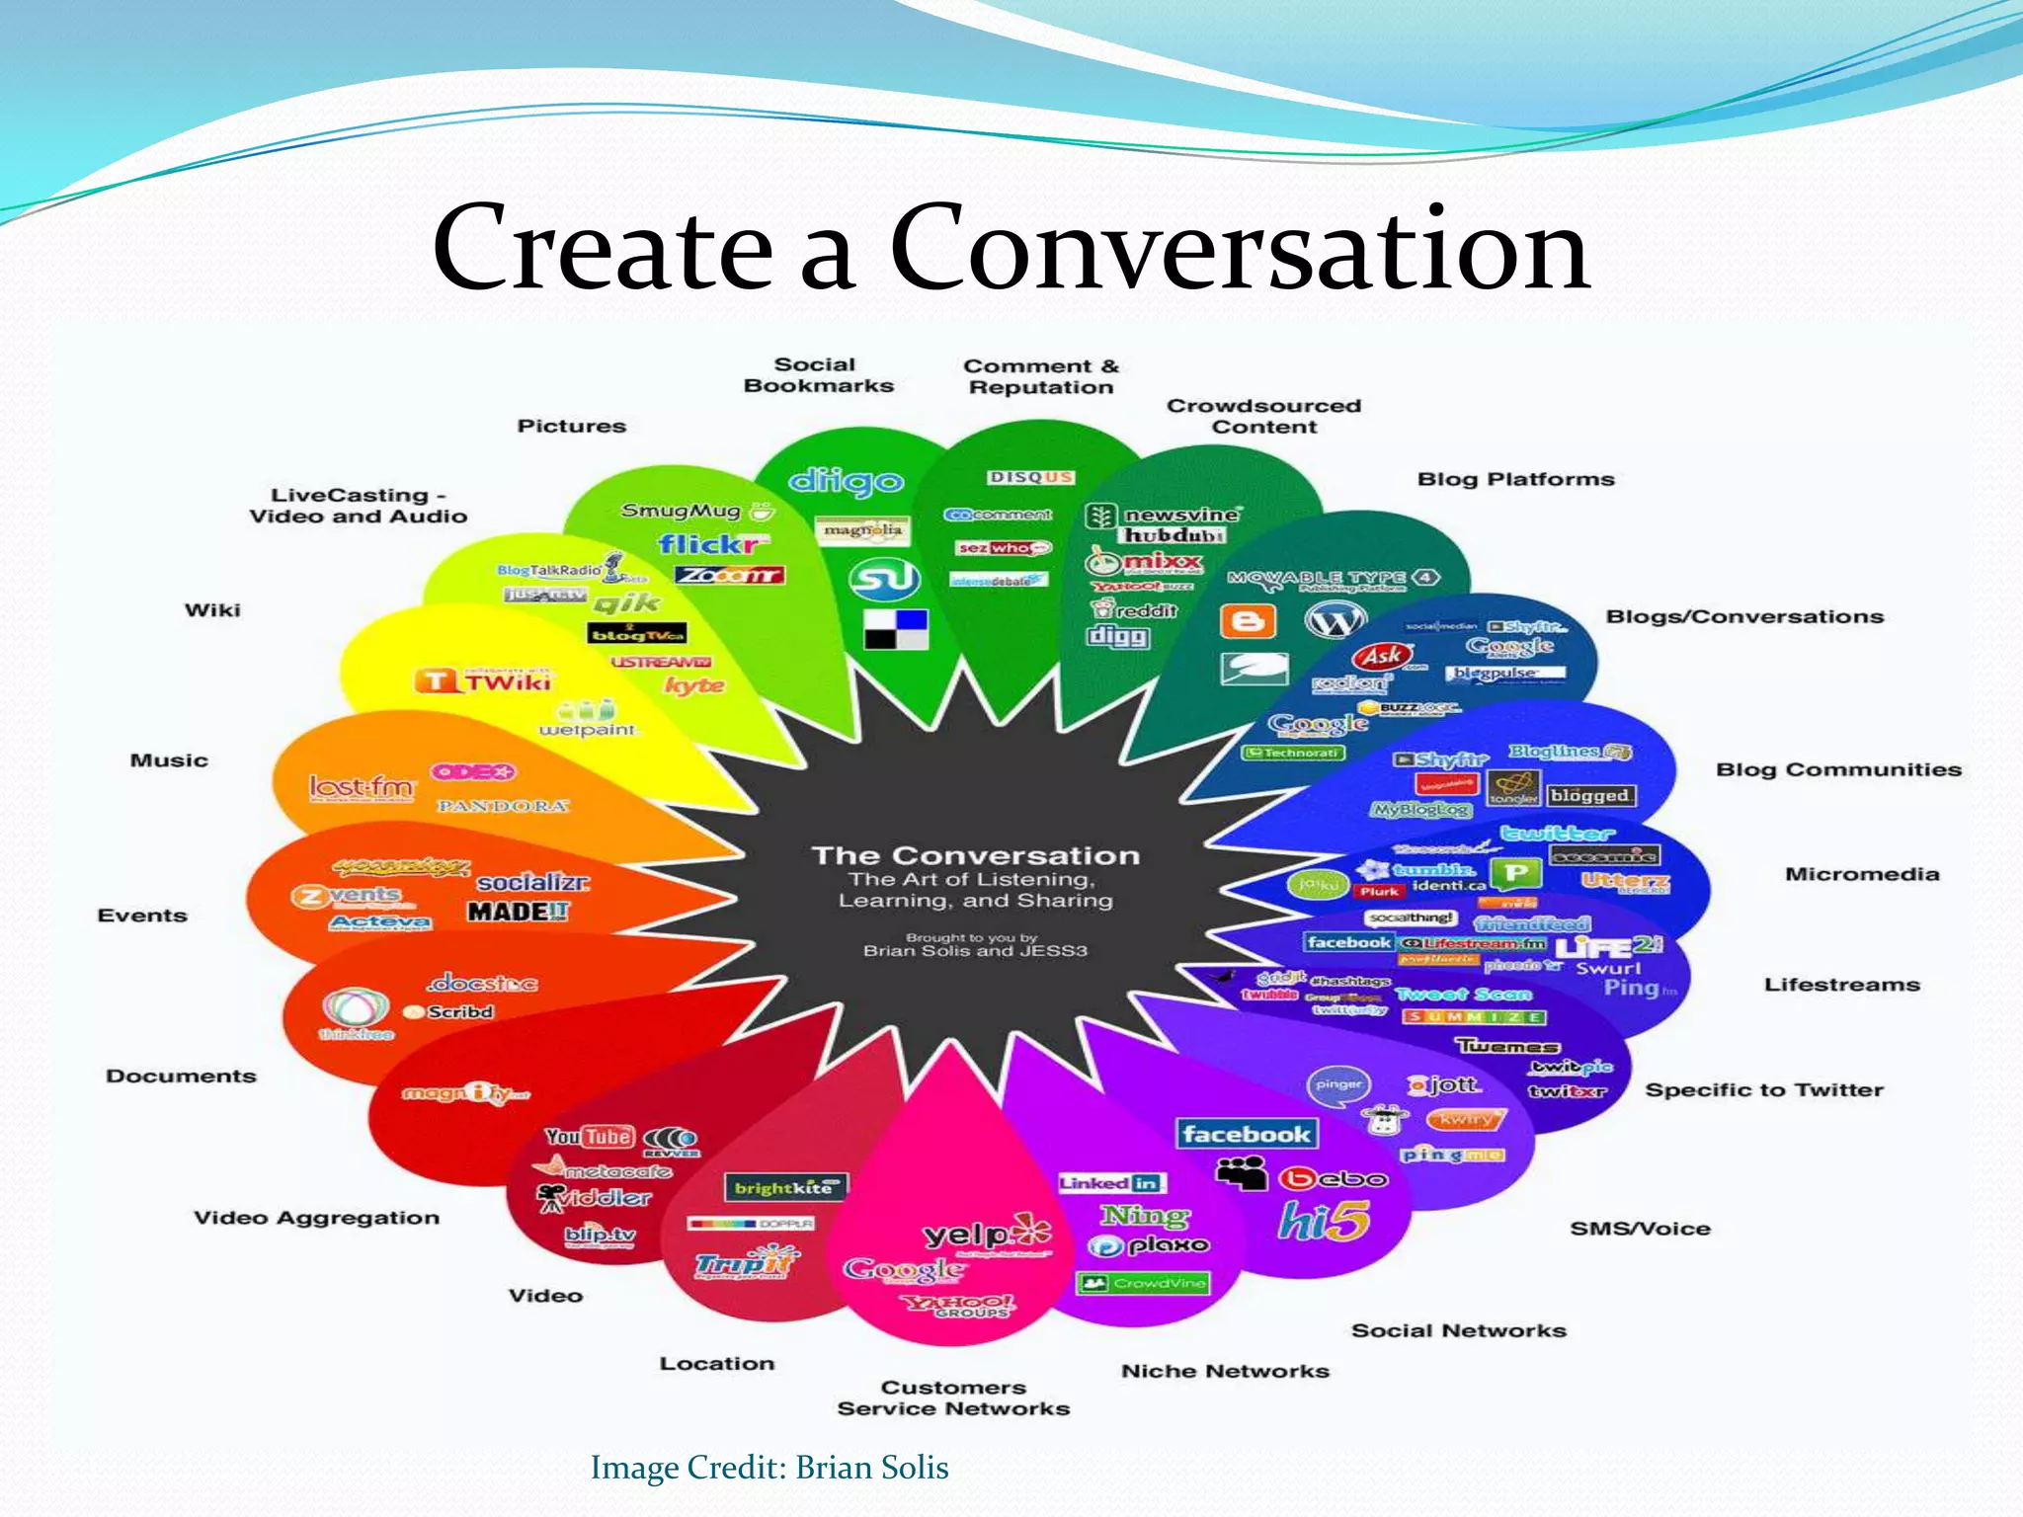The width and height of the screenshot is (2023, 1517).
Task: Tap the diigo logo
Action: (846, 481)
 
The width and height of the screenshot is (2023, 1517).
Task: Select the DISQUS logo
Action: (1030, 477)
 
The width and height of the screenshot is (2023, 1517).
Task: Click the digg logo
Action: (1118, 636)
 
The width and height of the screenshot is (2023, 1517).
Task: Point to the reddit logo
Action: (1136, 610)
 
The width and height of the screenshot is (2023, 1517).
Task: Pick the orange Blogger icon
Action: (1248, 621)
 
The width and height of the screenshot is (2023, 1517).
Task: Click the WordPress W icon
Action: (1335, 620)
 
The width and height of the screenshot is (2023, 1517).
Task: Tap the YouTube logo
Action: (589, 1137)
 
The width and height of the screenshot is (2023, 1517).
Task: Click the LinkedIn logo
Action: (1111, 1183)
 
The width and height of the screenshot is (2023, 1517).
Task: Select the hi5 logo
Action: (1324, 1221)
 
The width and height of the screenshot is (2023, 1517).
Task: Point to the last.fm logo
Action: (362, 787)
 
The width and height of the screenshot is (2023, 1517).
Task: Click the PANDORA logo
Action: (503, 806)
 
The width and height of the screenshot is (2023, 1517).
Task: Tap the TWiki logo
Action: (484, 681)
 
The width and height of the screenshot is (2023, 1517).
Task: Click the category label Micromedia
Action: (1861, 874)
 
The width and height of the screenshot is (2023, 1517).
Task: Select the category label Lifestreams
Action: (1841, 985)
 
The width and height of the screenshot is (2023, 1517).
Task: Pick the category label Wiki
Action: (212, 610)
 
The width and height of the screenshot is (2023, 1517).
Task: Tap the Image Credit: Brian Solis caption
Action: (769, 1468)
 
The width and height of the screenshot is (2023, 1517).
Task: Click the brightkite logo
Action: (784, 1187)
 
